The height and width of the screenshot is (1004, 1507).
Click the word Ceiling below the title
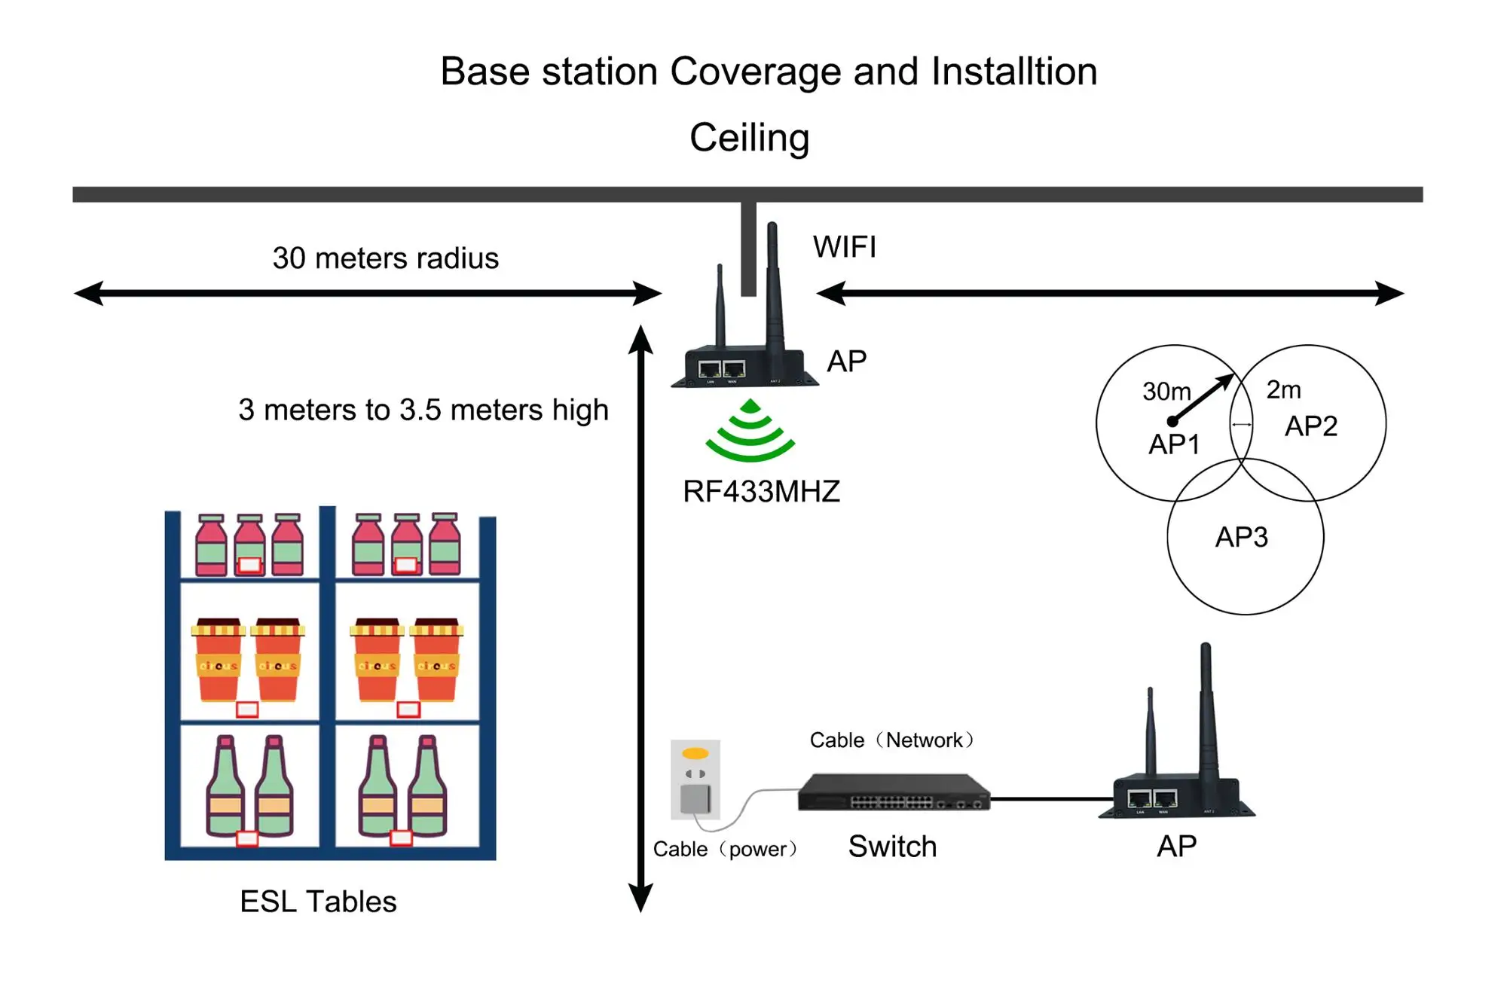pos(749,138)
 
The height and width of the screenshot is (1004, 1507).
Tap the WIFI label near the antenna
pos(844,247)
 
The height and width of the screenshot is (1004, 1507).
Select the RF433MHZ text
pos(761,492)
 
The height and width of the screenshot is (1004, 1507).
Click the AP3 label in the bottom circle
pos(1241,538)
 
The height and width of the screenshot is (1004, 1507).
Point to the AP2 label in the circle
pos(1310,426)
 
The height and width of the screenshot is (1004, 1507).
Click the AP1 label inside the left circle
pos(1173,444)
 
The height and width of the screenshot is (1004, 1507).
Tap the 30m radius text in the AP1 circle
pos(1166,392)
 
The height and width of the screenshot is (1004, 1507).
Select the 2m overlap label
pos(1283,390)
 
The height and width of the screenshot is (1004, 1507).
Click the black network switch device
pos(894,793)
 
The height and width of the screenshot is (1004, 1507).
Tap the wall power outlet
pos(695,780)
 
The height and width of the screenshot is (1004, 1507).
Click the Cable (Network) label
pos(891,740)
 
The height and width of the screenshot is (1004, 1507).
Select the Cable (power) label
pos(724,850)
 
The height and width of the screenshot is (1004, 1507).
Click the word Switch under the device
pos(892,847)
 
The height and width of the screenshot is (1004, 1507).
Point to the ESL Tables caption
pos(318,902)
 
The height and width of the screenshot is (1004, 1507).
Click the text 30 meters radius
pos(385,258)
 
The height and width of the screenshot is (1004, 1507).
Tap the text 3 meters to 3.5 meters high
pos(423,410)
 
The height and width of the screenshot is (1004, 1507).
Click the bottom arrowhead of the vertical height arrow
pos(640,900)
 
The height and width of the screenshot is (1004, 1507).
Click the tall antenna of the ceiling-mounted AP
pos(773,286)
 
